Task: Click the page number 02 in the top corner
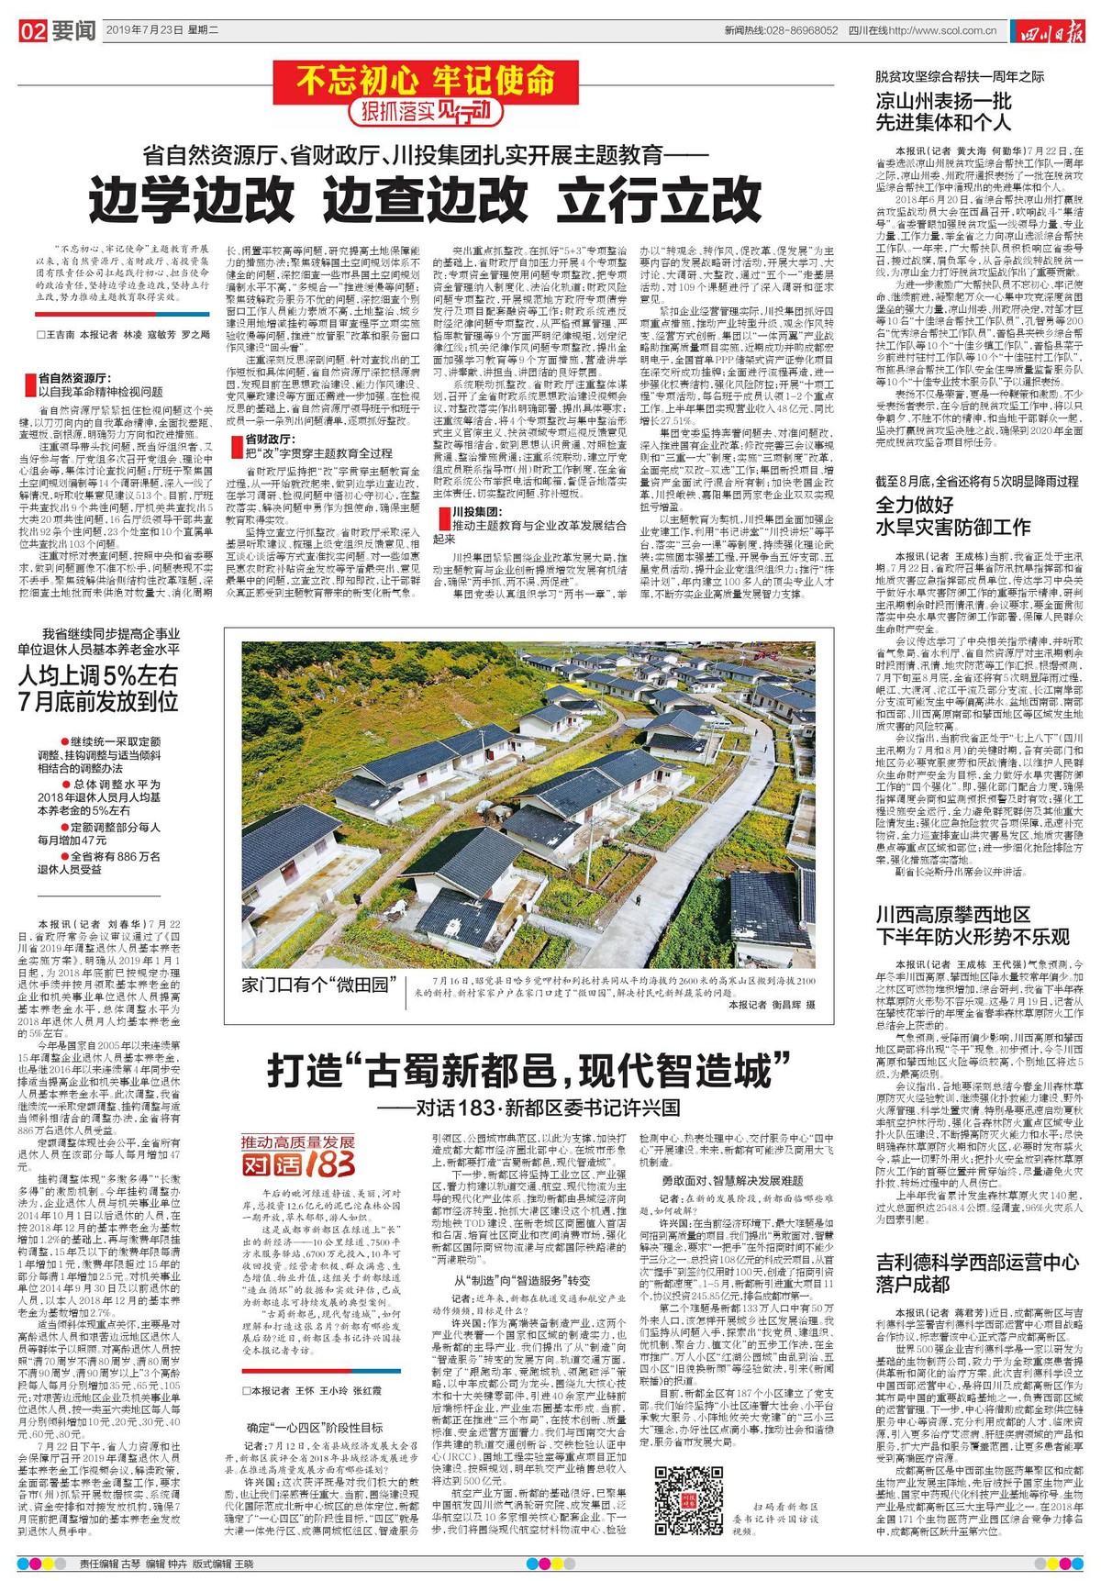33,31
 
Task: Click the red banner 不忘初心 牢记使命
425,82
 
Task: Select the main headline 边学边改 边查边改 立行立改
426,195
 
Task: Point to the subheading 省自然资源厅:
75,377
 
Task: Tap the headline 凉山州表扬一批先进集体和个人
944,112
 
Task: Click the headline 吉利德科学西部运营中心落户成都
977,1273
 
